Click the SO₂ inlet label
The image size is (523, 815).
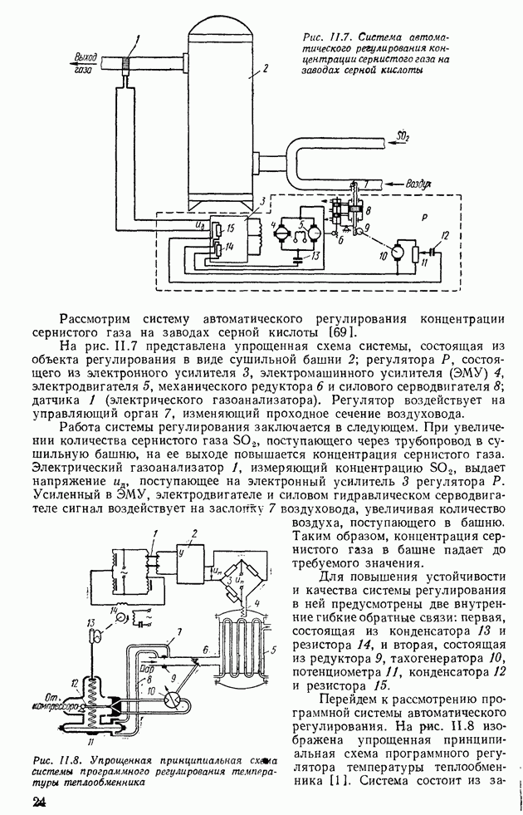[404, 135]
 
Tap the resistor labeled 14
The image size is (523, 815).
[218, 247]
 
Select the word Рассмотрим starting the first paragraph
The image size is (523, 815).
[100, 318]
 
